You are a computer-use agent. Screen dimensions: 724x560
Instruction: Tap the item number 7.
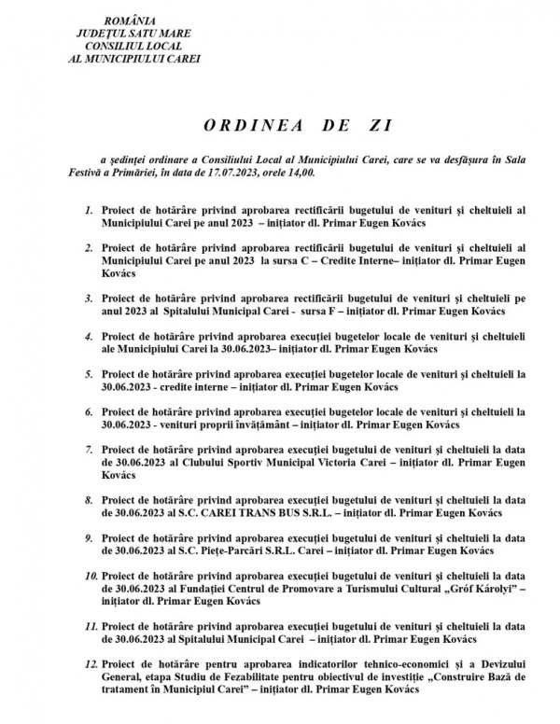tap(87, 449)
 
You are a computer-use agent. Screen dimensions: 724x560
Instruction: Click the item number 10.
tap(86, 578)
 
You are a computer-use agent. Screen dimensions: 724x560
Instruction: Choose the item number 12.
tap(86, 664)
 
